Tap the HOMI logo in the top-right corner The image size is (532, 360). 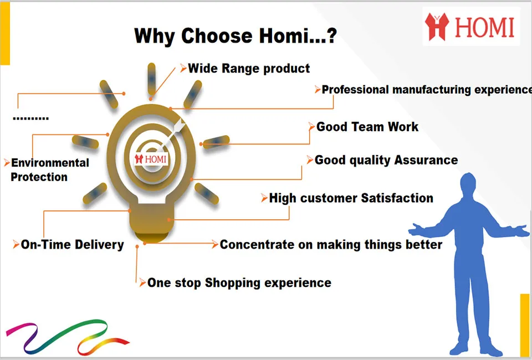click(470, 26)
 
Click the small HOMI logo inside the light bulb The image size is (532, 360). click(151, 159)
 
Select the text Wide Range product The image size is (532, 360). click(249, 69)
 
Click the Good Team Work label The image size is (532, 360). click(367, 127)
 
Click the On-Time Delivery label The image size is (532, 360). click(72, 244)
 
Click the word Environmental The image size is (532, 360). click(50, 163)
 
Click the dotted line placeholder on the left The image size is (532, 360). click(31, 119)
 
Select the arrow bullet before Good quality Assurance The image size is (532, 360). click(310, 160)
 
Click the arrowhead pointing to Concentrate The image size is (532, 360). click(215, 244)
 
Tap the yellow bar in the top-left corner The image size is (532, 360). click(5, 33)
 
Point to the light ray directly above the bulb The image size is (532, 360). click(152, 79)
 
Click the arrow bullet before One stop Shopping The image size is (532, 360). click(142, 282)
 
